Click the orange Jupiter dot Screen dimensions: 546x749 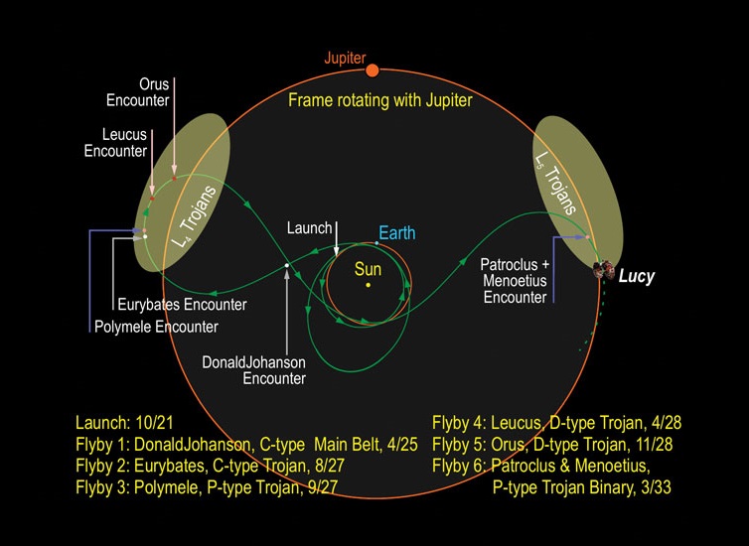[373, 69]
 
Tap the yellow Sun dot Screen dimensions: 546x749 [368, 286]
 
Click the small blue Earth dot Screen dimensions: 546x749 [377, 243]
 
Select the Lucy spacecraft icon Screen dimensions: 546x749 [603, 270]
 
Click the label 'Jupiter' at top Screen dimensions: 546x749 [346, 58]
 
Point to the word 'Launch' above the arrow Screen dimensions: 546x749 [309, 228]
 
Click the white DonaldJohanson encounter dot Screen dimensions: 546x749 [287, 265]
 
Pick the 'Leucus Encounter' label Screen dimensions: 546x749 [124, 142]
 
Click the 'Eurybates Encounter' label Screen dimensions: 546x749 [181, 305]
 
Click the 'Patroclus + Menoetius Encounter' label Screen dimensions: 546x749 [514, 281]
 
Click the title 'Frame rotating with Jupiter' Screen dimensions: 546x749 [378, 100]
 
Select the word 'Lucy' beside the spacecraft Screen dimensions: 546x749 [637, 277]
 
